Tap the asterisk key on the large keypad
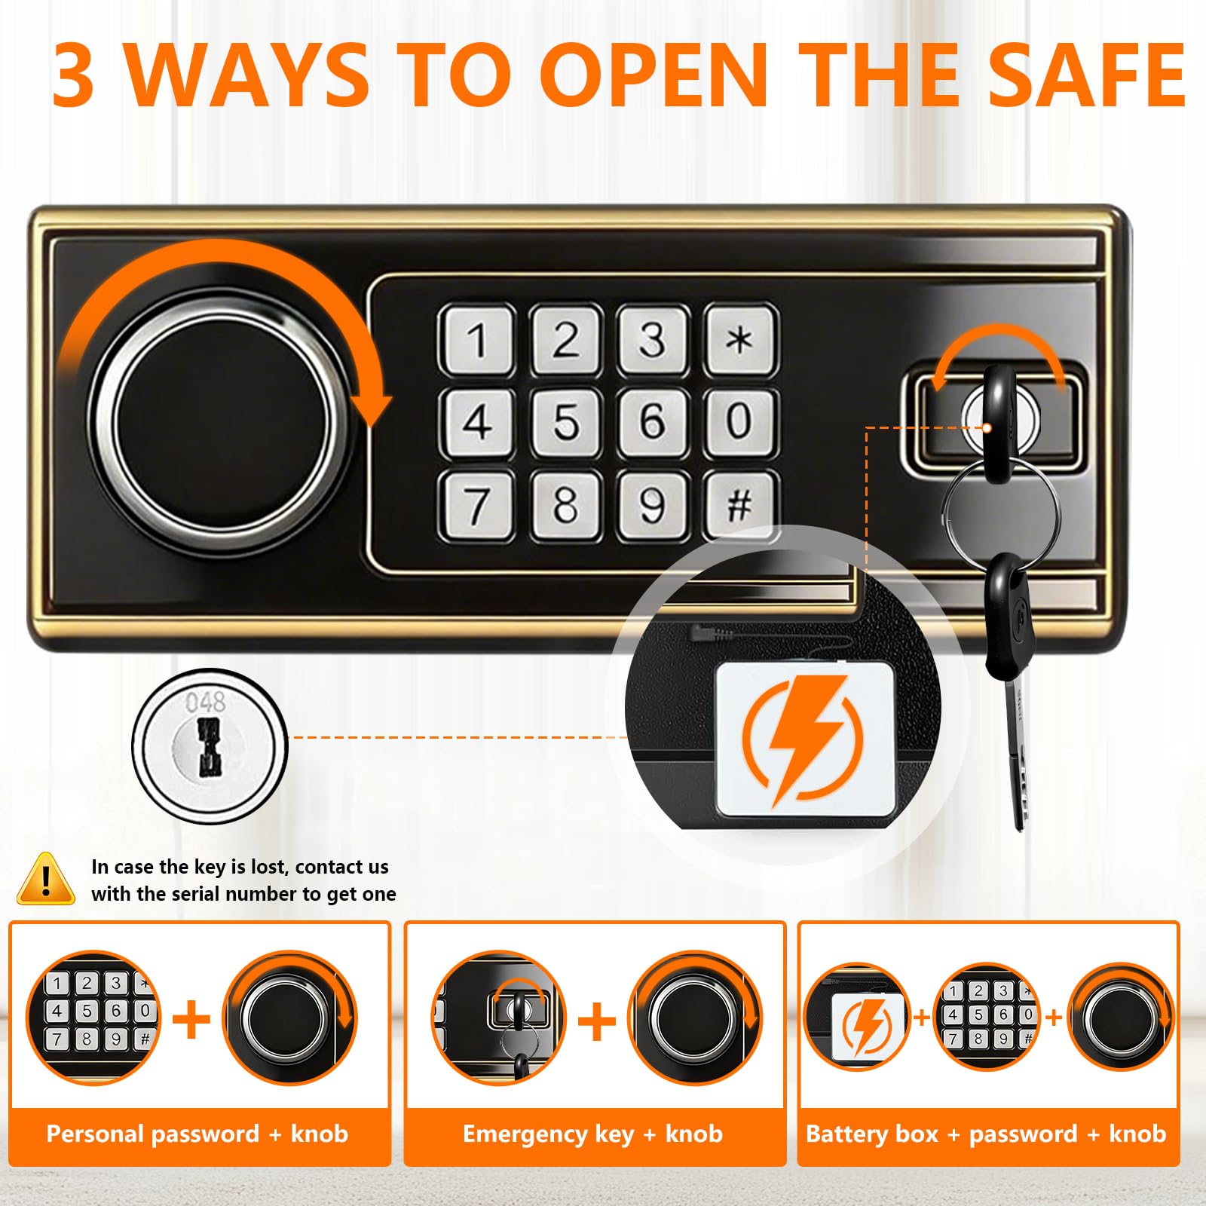click(740, 339)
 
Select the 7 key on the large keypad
click(477, 504)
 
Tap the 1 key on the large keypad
click(477, 339)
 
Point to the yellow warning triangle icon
click(46, 879)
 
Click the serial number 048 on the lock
click(205, 702)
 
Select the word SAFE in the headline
click(1087, 75)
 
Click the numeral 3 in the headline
click(74, 75)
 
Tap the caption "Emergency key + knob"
click(593, 1134)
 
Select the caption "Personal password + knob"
click(197, 1134)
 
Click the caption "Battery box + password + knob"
click(987, 1134)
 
